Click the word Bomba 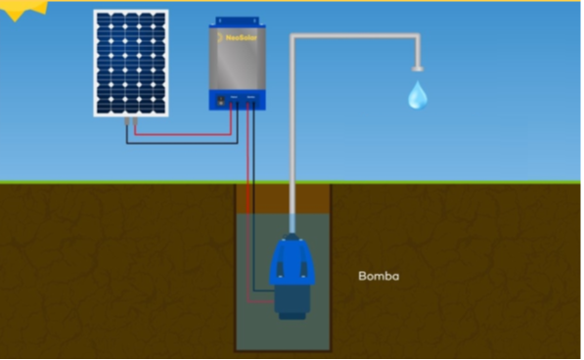click(380, 276)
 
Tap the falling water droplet click(417, 95)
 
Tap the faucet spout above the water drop click(418, 67)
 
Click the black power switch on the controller click(221, 99)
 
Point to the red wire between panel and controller click(186, 132)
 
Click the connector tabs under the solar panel click(130, 121)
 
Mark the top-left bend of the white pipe click(293, 38)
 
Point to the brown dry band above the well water click(284, 199)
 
